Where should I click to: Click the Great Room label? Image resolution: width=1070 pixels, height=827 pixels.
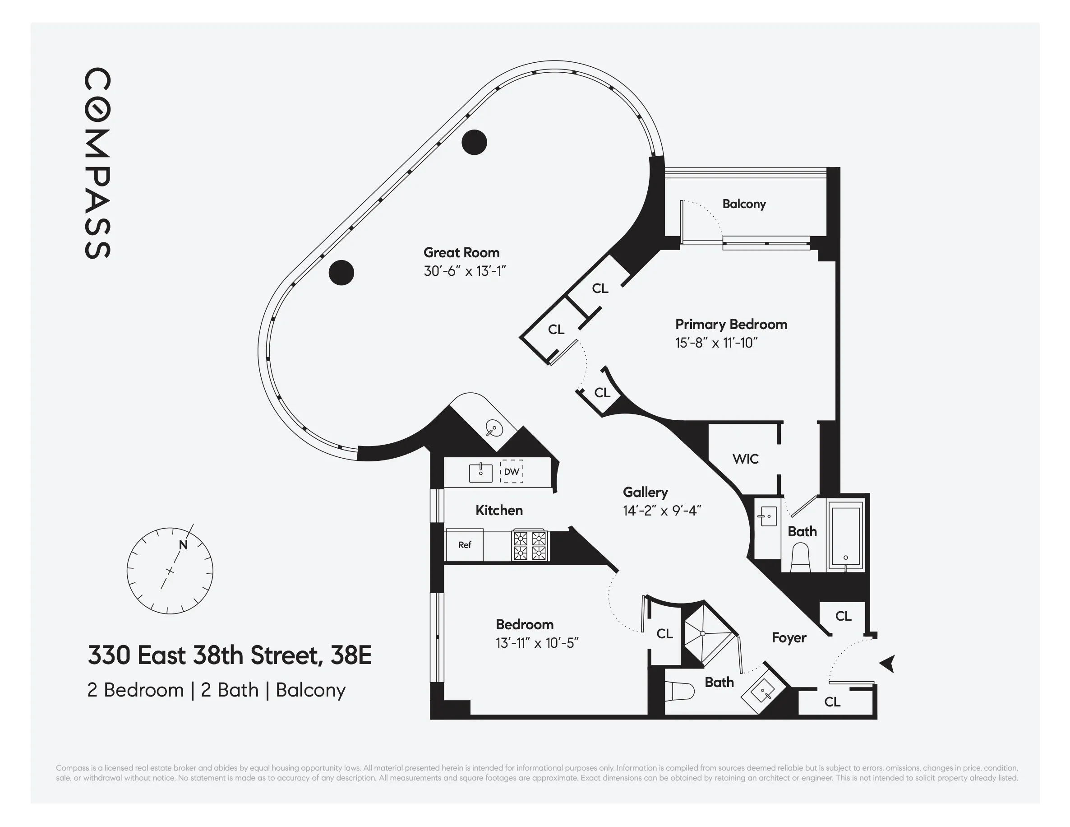click(461, 252)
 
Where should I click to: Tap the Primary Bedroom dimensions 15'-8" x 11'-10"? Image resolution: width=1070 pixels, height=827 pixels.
click(716, 343)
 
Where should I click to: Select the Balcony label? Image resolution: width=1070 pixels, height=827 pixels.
click(744, 204)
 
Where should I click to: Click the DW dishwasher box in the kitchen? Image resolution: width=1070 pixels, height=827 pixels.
click(511, 472)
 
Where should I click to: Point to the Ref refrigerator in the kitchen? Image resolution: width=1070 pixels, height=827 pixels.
click(464, 544)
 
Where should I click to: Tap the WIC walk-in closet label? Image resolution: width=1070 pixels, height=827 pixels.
click(745, 459)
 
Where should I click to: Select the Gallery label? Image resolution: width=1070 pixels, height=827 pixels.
click(645, 492)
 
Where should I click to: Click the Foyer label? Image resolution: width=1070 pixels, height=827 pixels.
click(789, 637)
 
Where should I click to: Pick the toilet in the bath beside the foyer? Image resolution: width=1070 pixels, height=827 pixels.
click(681, 692)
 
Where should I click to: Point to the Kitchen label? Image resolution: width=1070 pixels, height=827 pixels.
click(499, 510)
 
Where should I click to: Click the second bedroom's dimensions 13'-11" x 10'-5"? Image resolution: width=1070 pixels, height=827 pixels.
click(537, 643)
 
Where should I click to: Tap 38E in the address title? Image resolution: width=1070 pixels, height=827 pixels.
click(351, 655)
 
